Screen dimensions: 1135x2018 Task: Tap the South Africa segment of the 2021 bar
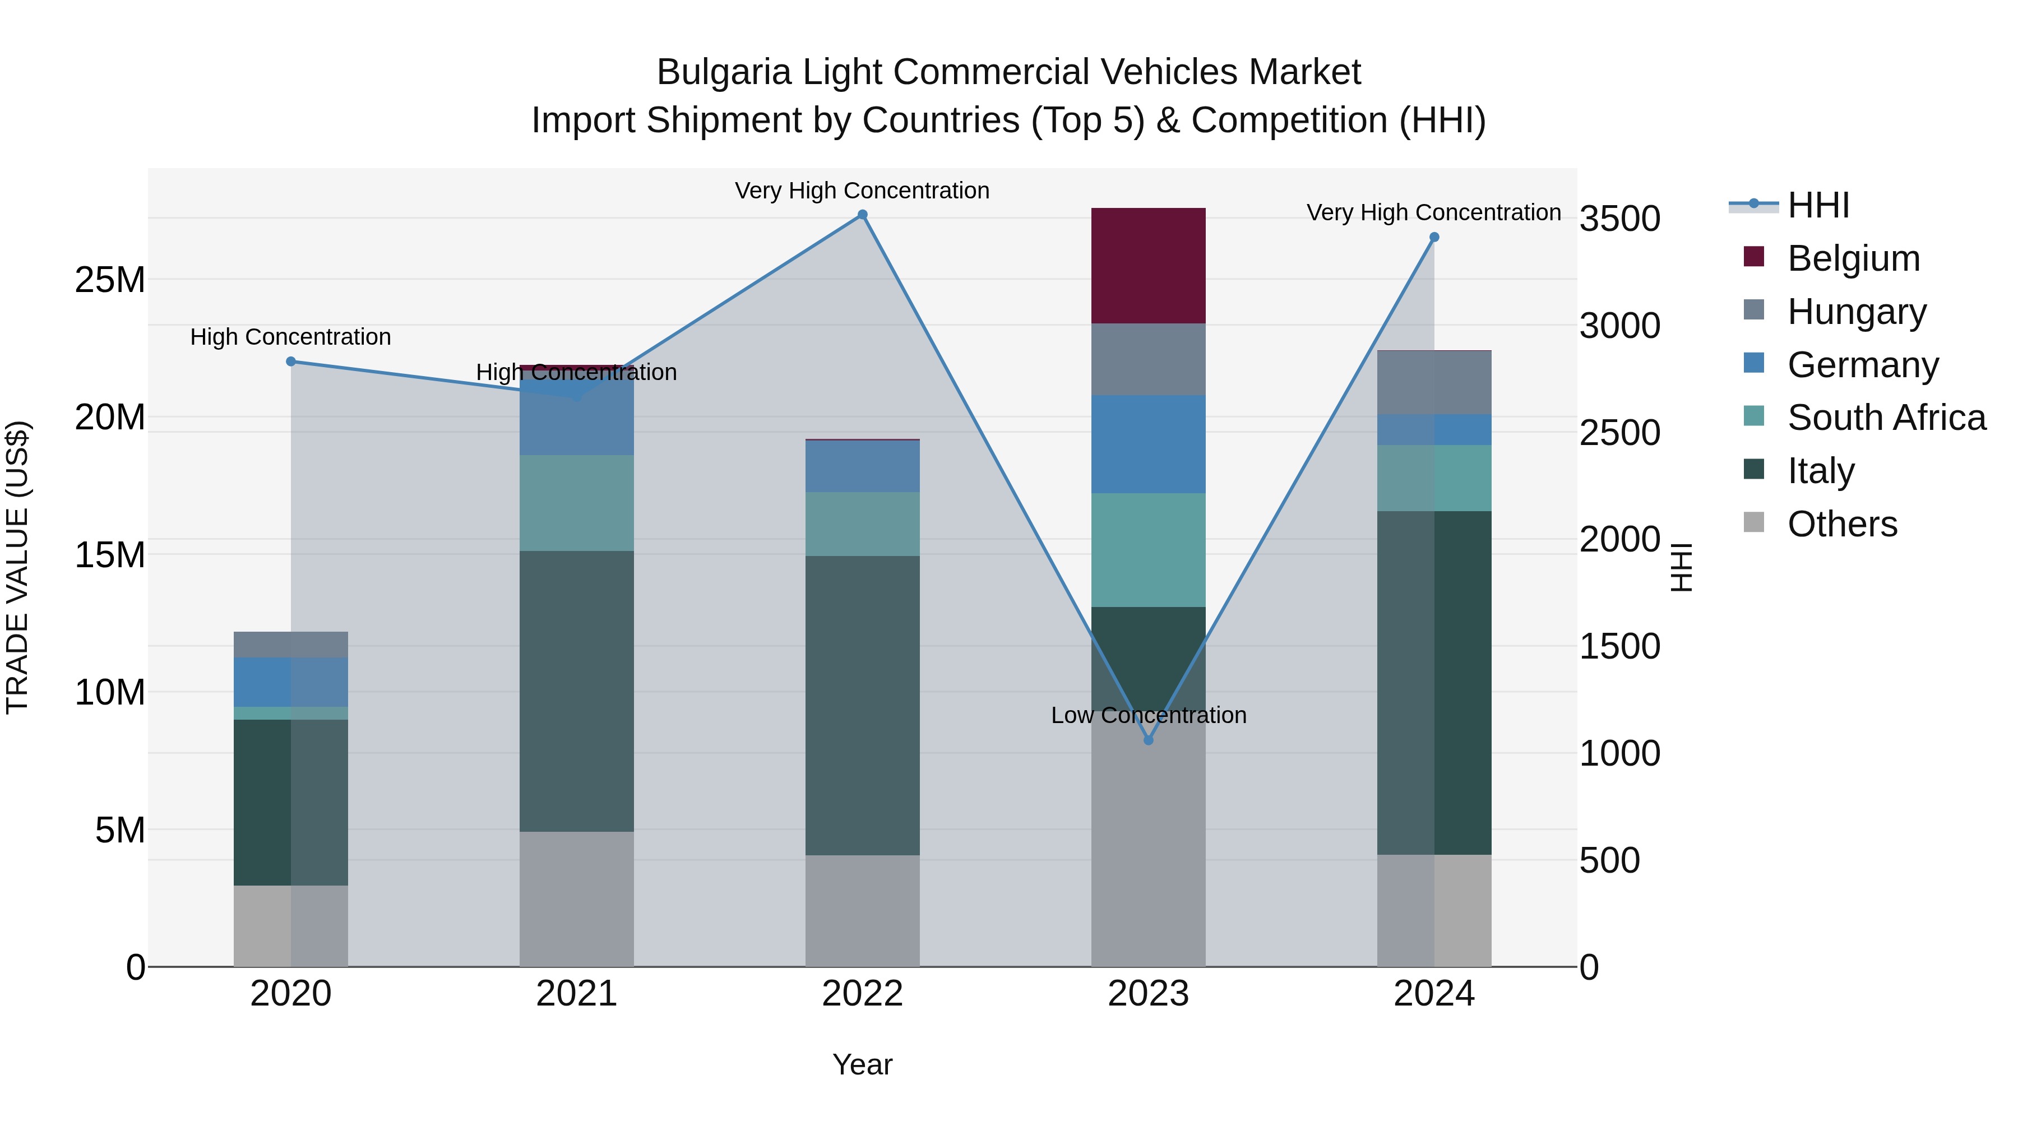click(577, 503)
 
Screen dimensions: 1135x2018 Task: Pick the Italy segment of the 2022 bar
click(863, 705)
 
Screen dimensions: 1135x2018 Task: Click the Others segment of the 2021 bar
click(577, 898)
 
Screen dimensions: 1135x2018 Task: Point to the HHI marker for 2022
click(863, 215)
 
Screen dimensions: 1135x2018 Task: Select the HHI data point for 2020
click(290, 361)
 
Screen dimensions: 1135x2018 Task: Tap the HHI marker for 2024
click(1434, 237)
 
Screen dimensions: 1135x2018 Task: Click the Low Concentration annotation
click(1149, 715)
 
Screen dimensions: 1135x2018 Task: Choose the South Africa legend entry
click(1886, 418)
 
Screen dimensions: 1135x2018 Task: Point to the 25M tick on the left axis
click(110, 280)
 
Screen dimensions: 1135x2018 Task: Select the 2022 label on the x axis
click(863, 994)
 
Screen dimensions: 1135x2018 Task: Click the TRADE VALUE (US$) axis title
click(17, 567)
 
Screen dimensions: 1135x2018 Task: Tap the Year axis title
click(863, 1064)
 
